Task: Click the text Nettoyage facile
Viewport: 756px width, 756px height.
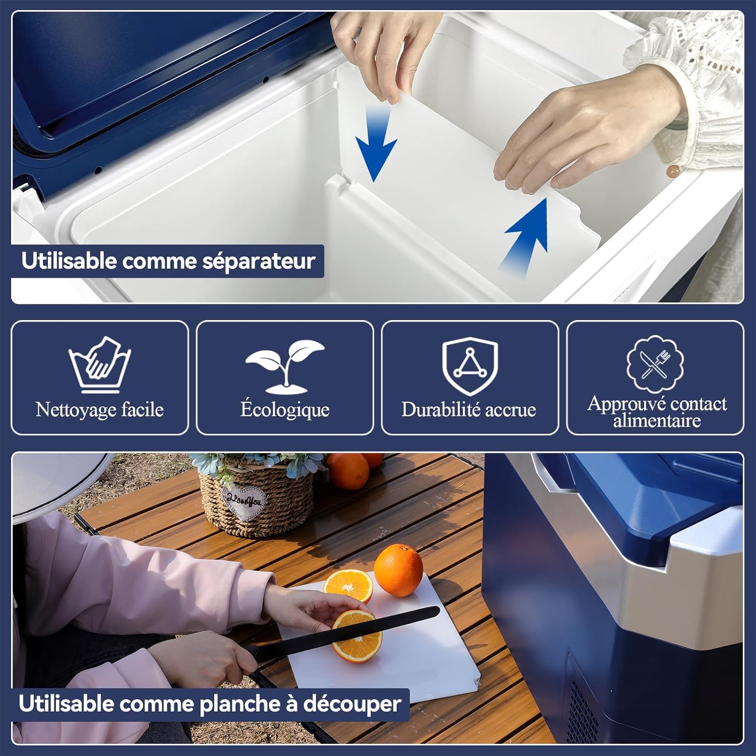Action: tap(100, 409)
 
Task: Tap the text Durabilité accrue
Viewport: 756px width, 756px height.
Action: tap(469, 409)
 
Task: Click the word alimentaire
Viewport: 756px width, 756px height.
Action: tap(657, 420)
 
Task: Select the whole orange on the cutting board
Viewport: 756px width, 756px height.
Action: tap(398, 570)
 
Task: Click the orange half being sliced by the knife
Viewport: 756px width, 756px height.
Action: tap(356, 637)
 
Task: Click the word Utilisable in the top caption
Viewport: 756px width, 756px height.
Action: tap(69, 261)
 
